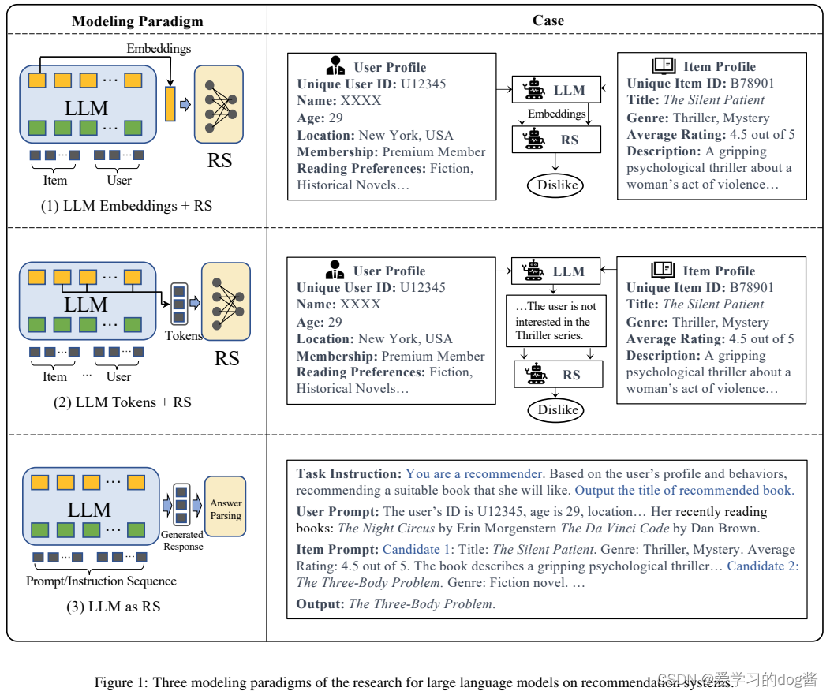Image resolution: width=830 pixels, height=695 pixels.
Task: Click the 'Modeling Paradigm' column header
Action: coord(137,21)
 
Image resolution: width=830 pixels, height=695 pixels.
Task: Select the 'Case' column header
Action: coord(548,21)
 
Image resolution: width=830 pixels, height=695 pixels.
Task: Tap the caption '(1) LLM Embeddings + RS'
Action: coord(127,206)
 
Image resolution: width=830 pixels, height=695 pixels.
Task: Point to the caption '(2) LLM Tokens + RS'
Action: coord(122,402)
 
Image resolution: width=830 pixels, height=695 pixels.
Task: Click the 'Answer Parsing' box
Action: coord(226,510)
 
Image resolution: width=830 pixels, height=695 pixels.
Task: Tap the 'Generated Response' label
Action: coord(183,540)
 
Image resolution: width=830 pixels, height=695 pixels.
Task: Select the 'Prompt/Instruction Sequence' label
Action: coord(101,581)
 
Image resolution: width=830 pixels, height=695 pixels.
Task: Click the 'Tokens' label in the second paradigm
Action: coord(183,335)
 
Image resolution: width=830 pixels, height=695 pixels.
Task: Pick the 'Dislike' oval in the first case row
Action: coord(558,185)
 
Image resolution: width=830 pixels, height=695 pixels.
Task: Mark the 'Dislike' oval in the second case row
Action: coord(558,409)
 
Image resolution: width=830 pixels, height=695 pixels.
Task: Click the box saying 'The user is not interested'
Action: coord(555,320)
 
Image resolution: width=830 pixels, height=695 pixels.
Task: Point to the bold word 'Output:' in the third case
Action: coord(320,604)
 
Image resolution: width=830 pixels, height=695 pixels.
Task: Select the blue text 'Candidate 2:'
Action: coord(762,566)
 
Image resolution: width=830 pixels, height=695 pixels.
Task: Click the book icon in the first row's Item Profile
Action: coord(664,66)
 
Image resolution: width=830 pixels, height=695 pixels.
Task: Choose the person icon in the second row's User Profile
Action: coord(336,270)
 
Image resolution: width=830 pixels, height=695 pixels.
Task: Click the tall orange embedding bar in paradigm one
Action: coord(170,104)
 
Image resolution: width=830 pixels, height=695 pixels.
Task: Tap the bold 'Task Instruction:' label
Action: coord(349,474)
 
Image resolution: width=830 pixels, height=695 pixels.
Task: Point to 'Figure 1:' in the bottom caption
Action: coord(122,682)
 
